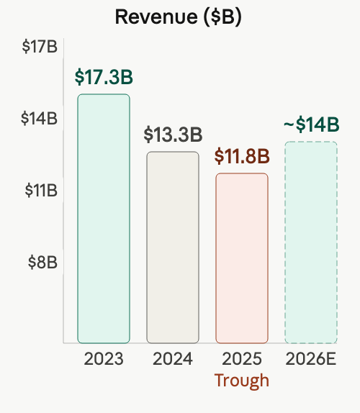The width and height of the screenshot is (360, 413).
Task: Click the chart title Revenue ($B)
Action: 179,17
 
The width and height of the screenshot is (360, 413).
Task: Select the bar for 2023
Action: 104,219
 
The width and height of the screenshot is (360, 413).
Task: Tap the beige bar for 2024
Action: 173,248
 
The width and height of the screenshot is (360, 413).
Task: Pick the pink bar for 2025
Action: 242,258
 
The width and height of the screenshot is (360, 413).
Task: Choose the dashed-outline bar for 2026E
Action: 311,242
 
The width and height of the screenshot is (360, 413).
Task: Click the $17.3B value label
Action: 104,77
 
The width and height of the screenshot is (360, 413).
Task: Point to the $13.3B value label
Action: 173,135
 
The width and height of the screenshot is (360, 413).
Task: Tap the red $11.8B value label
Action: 242,156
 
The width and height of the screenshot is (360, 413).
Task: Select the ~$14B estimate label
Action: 312,124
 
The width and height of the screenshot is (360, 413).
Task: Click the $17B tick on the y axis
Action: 40,46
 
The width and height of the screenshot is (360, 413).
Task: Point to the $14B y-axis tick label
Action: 39,118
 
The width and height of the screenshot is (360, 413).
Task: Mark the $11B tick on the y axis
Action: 41,190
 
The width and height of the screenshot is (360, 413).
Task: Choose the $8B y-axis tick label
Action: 42,263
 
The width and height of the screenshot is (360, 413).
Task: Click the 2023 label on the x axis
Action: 104,359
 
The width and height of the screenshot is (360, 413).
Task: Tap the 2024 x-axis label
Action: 173,359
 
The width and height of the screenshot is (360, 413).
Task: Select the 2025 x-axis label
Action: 242,359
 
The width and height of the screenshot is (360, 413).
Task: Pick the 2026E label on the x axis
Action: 311,359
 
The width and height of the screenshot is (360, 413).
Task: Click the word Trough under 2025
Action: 242,381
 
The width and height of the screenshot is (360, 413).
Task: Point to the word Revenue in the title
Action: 156,17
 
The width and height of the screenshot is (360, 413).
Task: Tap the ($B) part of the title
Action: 222,17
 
